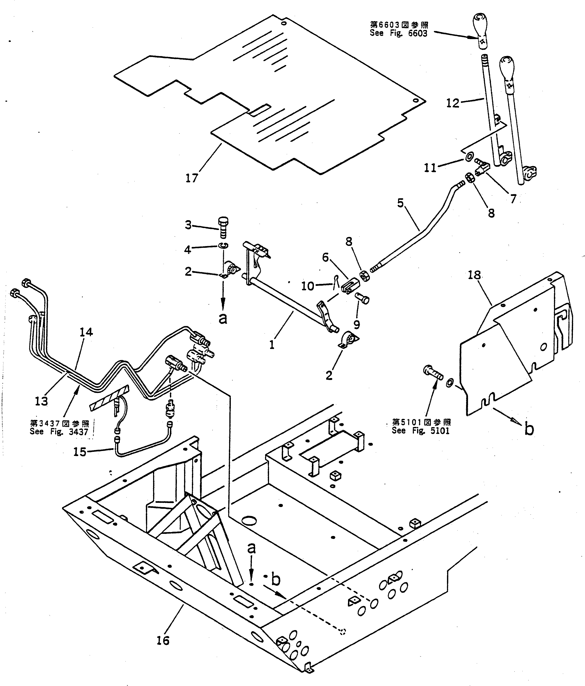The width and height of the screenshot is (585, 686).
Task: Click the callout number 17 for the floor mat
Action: pyautogui.click(x=191, y=178)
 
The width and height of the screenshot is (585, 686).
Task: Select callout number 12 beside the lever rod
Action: pyautogui.click(x=453, y=103)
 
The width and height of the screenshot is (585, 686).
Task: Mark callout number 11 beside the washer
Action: pyautogui.click(x=430, y=168)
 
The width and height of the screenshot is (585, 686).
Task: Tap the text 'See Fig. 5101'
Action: pyautogui.click(x=421, y=430)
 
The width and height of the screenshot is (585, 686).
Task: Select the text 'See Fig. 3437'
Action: pyautogui.click(x=59, y=432)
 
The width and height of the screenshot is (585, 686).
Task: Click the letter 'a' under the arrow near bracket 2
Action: pyautogui.click(x=223, y=319)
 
